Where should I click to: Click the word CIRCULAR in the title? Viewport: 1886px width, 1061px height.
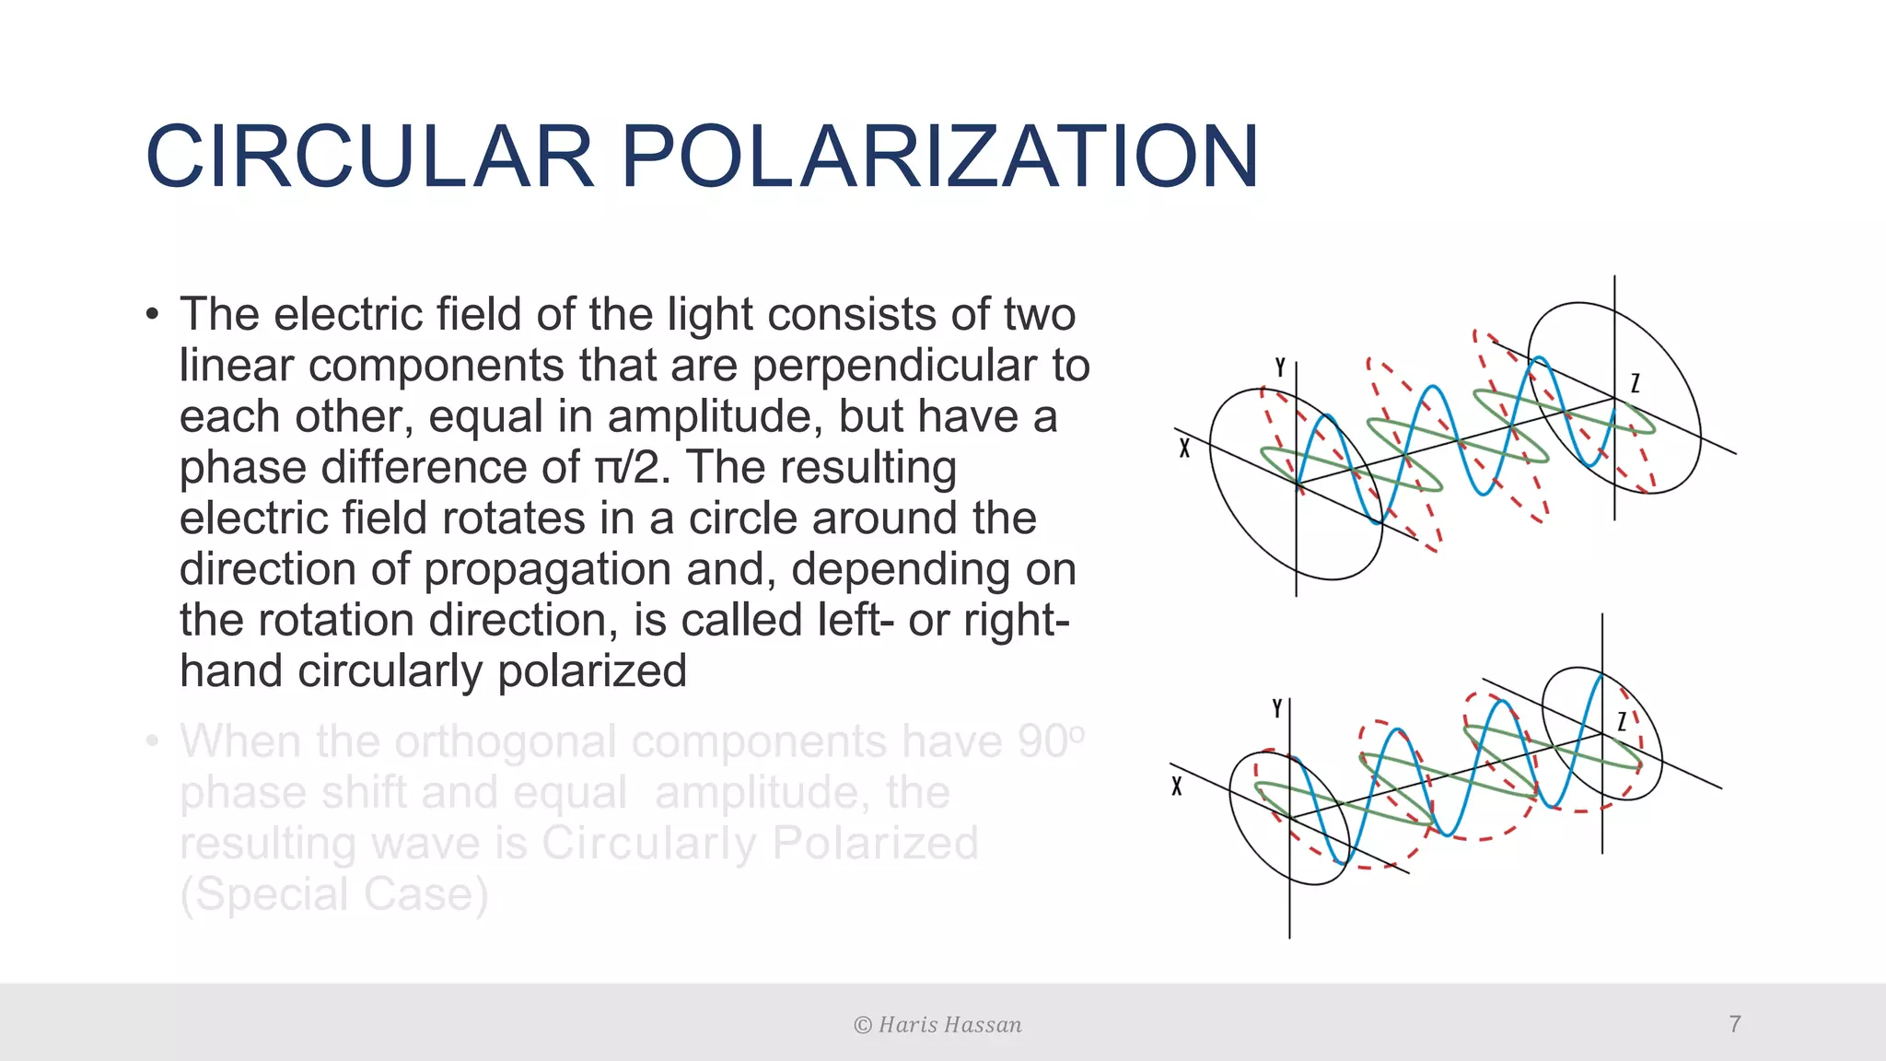pyautogui.click(x=369, y=157)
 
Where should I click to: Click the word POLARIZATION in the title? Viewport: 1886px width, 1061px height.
pyautogui.click(x=939, y=157)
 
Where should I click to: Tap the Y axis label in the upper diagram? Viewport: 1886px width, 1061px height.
pyautogui.click(x=1280, y=367)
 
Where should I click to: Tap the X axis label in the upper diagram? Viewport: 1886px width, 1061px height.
pyautogui.click(x=1184, y=449)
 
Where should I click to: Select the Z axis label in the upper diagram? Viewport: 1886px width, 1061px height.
pyautogui.click(x=1635, y=383)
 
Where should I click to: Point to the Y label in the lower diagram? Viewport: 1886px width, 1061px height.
pyautogui.click(x=1277, y=708)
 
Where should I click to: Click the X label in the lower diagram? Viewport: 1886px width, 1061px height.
pyautogui.click(x=1177, y=787)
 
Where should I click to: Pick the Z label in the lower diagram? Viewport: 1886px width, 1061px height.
pyautogui.click(x=1623, y=721)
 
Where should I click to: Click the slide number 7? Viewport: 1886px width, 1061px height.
pyautogui.click(x=1735, y=1024)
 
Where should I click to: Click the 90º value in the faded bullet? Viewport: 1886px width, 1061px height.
pyautogui.click(x=1051, y=740)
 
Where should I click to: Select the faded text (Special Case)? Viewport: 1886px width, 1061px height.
pyautogui.click(x=333, y=894)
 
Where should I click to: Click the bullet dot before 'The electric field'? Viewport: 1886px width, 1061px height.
pyautogui.click(x=153, y=314)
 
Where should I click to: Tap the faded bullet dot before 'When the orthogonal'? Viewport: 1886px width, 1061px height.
pyautogui.click(x=153, y=740)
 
